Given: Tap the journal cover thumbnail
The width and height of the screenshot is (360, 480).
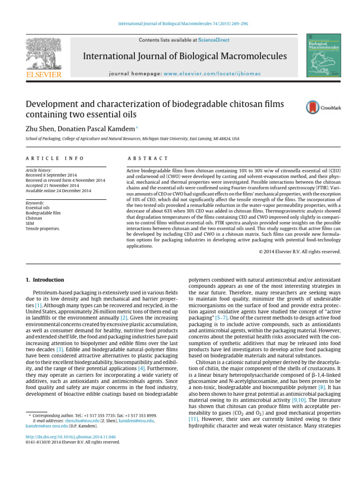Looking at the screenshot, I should (323, 55).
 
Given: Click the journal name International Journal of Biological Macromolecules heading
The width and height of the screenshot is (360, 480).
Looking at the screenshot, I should (185, 57).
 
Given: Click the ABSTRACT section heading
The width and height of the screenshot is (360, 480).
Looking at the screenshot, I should (148, 159).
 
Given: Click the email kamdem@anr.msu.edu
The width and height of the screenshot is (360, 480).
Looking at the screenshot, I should (45, 427).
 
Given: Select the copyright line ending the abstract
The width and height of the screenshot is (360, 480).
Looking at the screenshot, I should (300, 251).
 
